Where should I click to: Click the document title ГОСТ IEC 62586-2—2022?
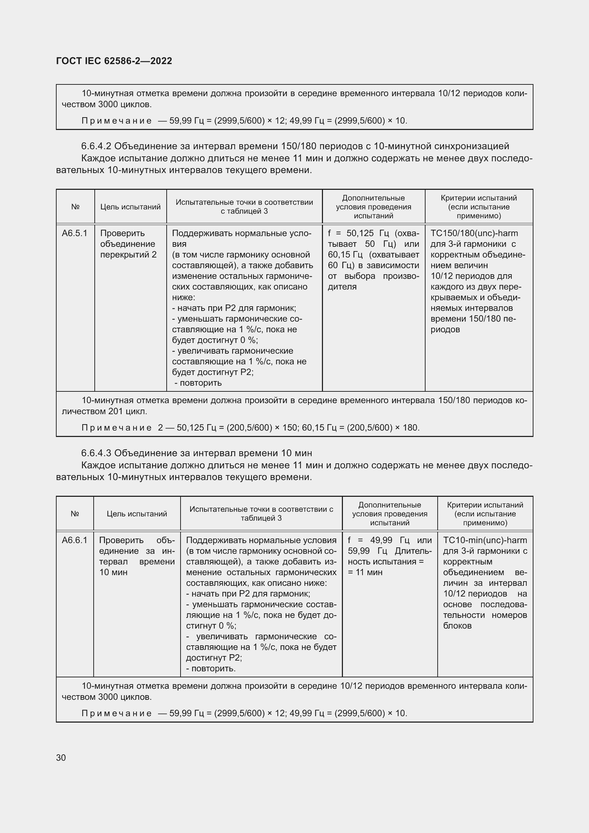(x=114, y=61)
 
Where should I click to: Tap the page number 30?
(x=61, y=757)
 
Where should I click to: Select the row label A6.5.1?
(x=75, y=233)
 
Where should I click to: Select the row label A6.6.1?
(x=75, y=540)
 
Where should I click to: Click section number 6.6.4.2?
(x=96, y=146)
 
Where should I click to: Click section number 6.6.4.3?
(x=96, y=453)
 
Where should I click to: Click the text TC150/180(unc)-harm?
(x=474, y=233)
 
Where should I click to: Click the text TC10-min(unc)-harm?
(x=485, y=540)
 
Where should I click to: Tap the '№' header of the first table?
(x=75, y=207)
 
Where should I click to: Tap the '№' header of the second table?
(x=75, y=514)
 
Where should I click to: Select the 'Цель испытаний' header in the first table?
(x=130, y=207)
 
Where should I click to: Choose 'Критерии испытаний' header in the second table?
(x=485, y=505)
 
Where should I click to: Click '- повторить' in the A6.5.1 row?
(x=198, y=383)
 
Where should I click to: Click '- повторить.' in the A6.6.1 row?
(x=211, y=668)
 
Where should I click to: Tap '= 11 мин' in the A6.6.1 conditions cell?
(x=365, y=572)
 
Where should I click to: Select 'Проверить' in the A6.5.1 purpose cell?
(x=122, y=233)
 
